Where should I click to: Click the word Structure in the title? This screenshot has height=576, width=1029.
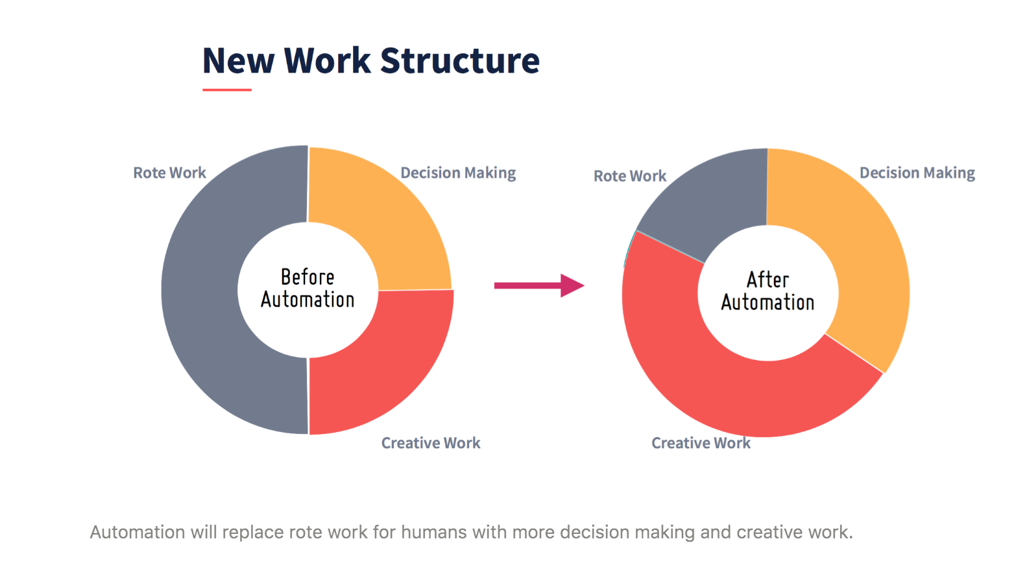460,60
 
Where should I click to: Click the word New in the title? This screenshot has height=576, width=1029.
238,60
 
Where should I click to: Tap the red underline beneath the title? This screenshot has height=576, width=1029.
227,90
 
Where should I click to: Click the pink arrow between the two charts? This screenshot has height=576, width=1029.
539,285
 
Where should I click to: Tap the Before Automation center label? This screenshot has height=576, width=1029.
308,289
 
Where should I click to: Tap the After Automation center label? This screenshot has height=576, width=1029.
768,291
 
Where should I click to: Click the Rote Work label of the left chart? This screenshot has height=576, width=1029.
169,173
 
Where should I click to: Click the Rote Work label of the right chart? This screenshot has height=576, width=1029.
630,176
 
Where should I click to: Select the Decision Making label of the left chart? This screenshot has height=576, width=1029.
458,173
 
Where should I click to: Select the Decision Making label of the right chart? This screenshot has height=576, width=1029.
917,173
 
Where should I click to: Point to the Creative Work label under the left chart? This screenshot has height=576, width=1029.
430,443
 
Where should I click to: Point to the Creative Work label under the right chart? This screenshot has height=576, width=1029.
701,443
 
